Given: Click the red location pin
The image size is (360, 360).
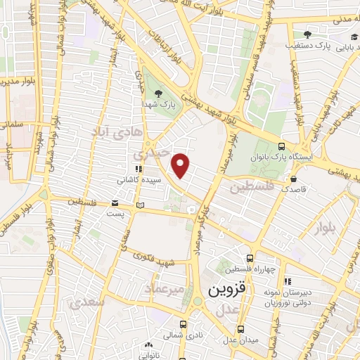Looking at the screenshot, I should (x=181, y=165).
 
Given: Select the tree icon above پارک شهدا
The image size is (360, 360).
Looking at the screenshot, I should (x=157, y=93).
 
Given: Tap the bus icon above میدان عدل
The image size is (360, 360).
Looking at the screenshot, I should (x=240, y=328).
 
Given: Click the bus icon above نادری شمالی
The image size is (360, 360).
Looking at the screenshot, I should (x=183, y=324).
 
